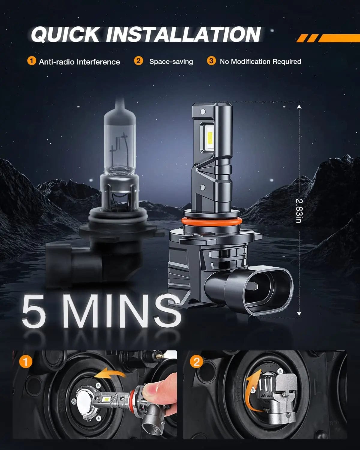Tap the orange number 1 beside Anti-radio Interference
pyautogui.click(x=31, y=61)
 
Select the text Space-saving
pyautogui.click(x=171, y=61)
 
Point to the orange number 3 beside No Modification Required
pyautogui.click(x=211, y=61)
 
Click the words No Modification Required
pyautogui.click(x=260, y=61)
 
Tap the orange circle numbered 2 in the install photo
pyautogui.click(x=196, y=361)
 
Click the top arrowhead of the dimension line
pyautogui.click(x=299, y=106)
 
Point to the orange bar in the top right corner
pyautogui.click(x=339, y=38)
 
